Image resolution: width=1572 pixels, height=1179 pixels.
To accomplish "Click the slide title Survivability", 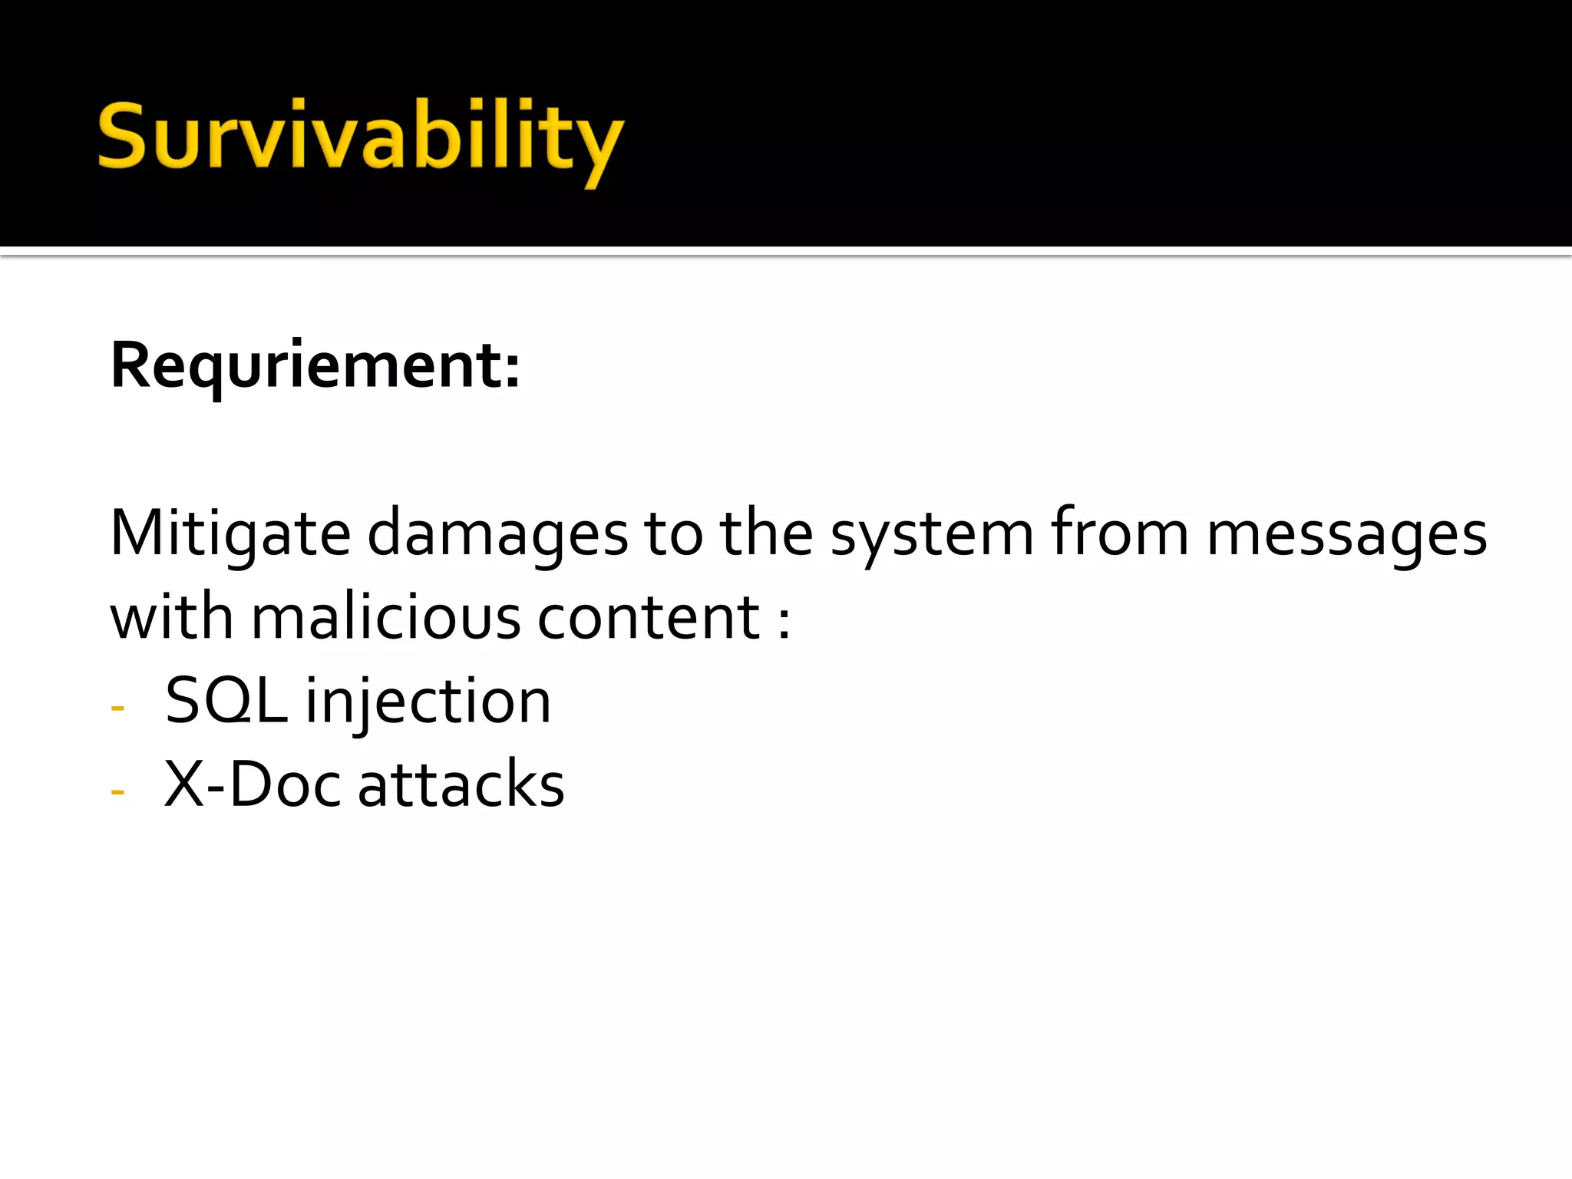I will [360, 138].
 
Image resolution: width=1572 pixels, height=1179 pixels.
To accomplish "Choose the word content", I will [649, 618].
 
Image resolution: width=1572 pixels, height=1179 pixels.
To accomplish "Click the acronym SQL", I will [226, 701].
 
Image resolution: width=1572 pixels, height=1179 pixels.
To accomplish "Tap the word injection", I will [428, 702].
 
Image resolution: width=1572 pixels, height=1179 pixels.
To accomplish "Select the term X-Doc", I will [253, 784].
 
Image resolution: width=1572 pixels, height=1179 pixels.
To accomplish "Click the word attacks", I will [461, 784].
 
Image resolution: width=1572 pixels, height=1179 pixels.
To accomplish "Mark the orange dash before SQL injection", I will [117, 708].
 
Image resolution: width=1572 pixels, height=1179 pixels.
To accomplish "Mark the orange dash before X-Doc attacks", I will [117, 791].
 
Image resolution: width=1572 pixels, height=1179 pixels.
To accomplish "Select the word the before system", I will [766, 533].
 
